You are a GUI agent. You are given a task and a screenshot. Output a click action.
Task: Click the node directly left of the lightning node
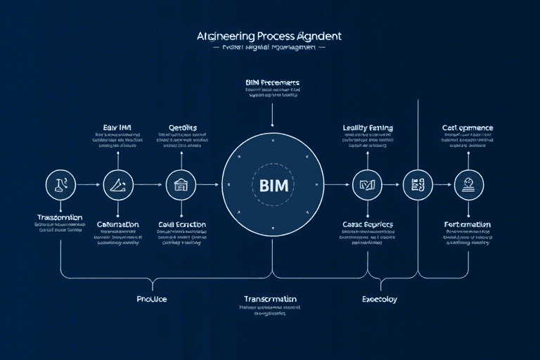point(417,185)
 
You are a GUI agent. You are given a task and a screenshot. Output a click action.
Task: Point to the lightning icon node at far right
point(468,184)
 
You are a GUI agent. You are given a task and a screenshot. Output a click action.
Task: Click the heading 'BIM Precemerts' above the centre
point(273,83)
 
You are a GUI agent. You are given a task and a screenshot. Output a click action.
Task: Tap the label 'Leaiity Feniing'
point(368,128)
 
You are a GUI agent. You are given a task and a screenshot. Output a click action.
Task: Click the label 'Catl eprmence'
point(468,128)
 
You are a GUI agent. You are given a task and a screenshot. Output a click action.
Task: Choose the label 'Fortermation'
point(468,224)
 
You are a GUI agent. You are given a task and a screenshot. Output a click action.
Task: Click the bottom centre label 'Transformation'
point(270,299)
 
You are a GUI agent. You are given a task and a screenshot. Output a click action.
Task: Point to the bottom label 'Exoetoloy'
point(378,299)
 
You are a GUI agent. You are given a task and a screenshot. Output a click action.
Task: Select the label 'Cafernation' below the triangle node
point(117,224)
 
